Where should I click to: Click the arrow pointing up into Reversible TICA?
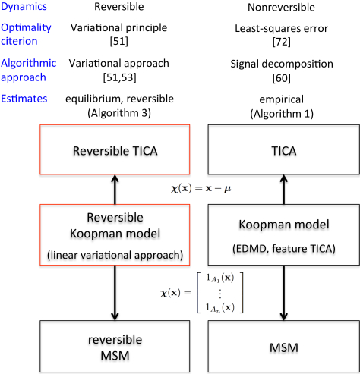[115, 190]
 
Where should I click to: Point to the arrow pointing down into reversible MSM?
[115, 293]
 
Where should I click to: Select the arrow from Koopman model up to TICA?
[284, 190]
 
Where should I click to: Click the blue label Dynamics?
[24, 7]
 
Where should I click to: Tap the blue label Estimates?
[24, 99]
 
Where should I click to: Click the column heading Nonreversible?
[281, 7]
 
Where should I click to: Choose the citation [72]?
[282, 42]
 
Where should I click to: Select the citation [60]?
[282, 78]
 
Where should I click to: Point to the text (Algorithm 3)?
[119, 113]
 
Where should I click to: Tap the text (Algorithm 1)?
[282, 114]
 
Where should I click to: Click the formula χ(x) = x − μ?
[201, 189]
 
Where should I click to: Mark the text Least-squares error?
[282, 28]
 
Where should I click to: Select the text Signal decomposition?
[282, 64]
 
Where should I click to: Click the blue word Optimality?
[26, 28]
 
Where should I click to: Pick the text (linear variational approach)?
[115, 255]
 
